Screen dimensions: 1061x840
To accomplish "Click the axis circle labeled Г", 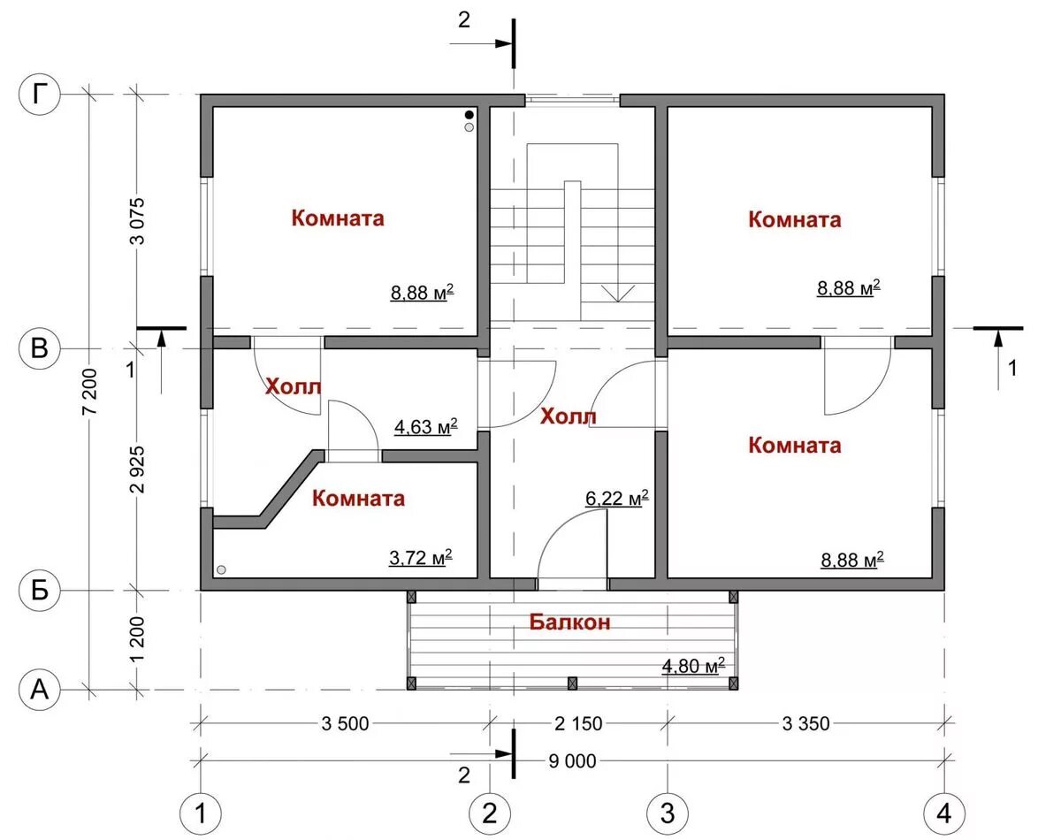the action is click(x=40, y=95).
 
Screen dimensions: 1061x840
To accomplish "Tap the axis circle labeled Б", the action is click(x=40, y=591).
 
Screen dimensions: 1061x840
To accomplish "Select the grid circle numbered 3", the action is click(x=668, y=813).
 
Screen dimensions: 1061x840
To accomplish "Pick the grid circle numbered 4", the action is click(x=944, y=813).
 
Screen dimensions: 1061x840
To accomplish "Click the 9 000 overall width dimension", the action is click(x=572, y=762).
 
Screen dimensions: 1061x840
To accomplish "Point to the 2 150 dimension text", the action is click(x=578, y=723).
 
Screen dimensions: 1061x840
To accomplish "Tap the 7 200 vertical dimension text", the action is click(x=91, y=392).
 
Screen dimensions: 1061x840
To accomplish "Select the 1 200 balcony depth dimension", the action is click(x=138, y=640).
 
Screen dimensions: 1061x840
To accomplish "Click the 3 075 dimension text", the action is click(x=138, y=221).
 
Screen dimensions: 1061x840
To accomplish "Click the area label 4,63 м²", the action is click(x=425, y=427).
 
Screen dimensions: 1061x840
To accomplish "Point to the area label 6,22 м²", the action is click(x=617, y=498).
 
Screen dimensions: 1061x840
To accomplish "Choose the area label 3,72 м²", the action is click(x=421, y=558).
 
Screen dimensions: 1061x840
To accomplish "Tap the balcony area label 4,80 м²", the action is click(x=693, y=666).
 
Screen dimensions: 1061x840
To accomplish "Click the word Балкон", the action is click(x=570, y=622).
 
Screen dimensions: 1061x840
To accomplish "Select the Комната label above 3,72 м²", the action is click(x=358, y=498).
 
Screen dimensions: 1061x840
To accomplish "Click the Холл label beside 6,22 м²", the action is click(x=568, y=416).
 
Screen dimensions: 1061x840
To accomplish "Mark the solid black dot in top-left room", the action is click(x=469, y=115).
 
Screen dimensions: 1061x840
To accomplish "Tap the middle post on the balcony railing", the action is click(x=572, y=683).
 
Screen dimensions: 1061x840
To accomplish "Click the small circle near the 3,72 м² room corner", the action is click(x=221, y=569).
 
